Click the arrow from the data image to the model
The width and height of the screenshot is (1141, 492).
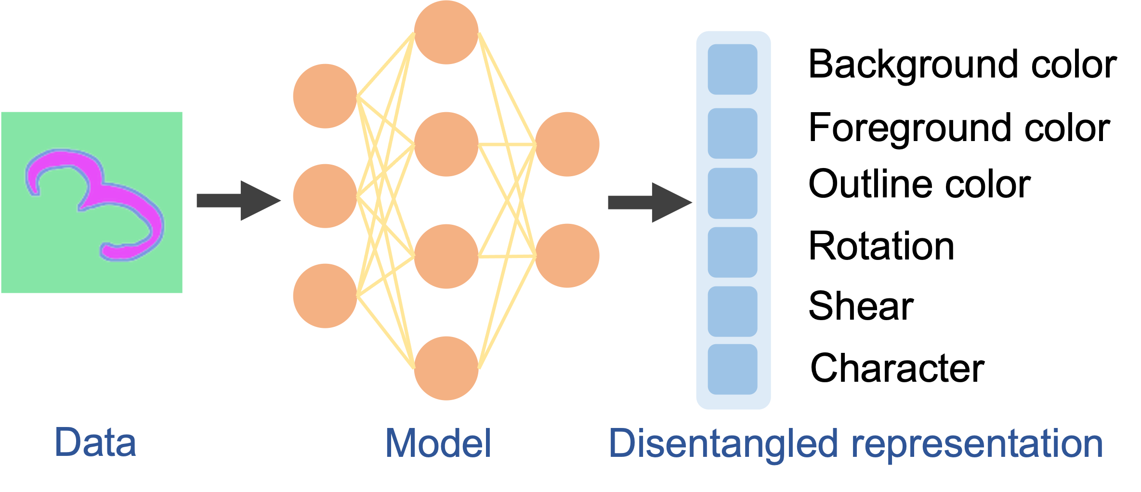pyautogui.click(x=238, y=201)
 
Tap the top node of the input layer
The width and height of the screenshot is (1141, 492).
pyautogui.click(x=325, y=96)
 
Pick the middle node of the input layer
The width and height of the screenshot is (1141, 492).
pyautogui.click(x=325, y=196)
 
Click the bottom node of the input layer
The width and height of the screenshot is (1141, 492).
pyautogui.click(x=325, y=296)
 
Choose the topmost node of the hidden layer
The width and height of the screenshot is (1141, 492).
pyautogui.click(x=446, y=32)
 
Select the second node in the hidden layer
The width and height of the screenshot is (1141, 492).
pyautogui.click(x=446, y=144)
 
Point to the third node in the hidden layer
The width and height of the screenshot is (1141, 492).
pyautogui.click(x=446, y=256)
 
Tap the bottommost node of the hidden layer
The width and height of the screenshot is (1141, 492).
pyautogui.click(x=446, y=368)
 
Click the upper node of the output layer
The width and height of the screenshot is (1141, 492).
pyautogui.click(x=567, y=144)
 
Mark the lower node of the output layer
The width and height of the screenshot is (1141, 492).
pyautogui.click(x=567, y=256)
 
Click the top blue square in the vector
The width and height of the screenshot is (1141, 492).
pyautogui.click(x=732, y=69)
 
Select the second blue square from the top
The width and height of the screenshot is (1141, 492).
pyautogui.click(x=732, y=133)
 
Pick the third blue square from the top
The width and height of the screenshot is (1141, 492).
pyautogui.click(x=732, y=193)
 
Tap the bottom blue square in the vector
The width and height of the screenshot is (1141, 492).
pyautogui.click(x=732, y=369)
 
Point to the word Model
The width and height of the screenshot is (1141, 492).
pyautogui.click(x=438, y=443)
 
